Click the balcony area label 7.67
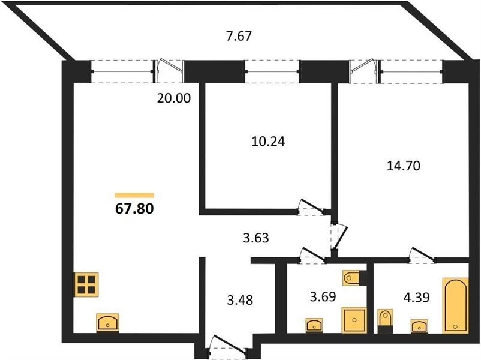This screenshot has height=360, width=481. click(239, 36)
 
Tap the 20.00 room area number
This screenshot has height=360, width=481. click(173, 98)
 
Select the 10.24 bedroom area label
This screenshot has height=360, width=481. click(268, 142)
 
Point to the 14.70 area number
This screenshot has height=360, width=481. click(403, 166)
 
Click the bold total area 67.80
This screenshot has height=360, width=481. click(134, 209)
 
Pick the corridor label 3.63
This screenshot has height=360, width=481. click(256, 238)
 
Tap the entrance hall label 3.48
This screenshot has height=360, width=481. click(240, 300)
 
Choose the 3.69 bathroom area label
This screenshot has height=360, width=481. click(323, 297)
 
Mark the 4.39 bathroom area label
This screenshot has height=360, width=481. click(416, 297)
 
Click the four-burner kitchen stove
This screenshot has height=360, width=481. click(86, 284)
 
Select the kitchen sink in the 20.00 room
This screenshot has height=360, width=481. click(108, 322)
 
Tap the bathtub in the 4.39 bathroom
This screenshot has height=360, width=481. click(456, 305)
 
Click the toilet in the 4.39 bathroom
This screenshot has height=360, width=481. click(385, 321)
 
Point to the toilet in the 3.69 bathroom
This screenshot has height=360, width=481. click(354, 278)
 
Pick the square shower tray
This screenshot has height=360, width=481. click(354, 320)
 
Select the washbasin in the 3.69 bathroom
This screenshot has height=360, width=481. click(314, 325)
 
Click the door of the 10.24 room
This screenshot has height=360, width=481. click(311, 208)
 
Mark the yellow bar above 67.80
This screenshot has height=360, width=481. click(134, 196)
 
